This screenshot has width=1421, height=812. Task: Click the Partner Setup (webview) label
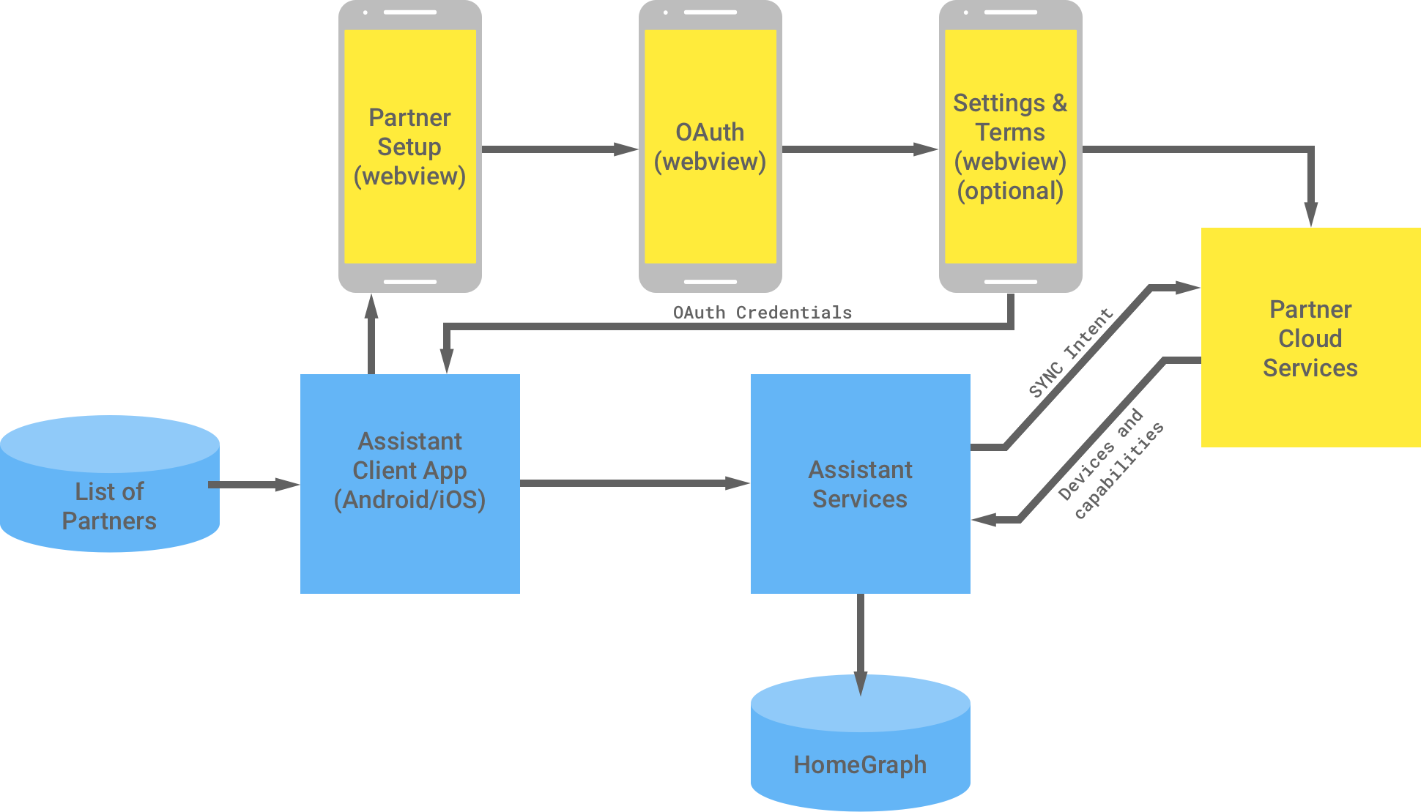(409, 147)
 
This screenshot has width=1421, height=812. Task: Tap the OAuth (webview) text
(710, 147)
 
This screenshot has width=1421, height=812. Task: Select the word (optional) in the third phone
(1010, 191)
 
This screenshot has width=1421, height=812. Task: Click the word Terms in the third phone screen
(1010, 133)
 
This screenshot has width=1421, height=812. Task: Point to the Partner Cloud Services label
(1310, 338)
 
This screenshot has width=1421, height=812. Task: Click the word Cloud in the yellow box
(1310, 338)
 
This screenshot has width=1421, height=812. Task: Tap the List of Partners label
(109, 506)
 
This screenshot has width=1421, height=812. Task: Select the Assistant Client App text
(409, 455)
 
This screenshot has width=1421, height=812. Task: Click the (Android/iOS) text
(409, 499)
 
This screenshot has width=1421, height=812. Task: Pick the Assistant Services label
(860, 484)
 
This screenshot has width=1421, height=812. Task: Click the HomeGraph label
(860, 764)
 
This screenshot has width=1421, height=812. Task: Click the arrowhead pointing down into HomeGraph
(861, 685)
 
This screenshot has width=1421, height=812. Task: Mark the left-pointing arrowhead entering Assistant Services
(985, 520)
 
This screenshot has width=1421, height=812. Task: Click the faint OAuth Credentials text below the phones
(762, 313)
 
